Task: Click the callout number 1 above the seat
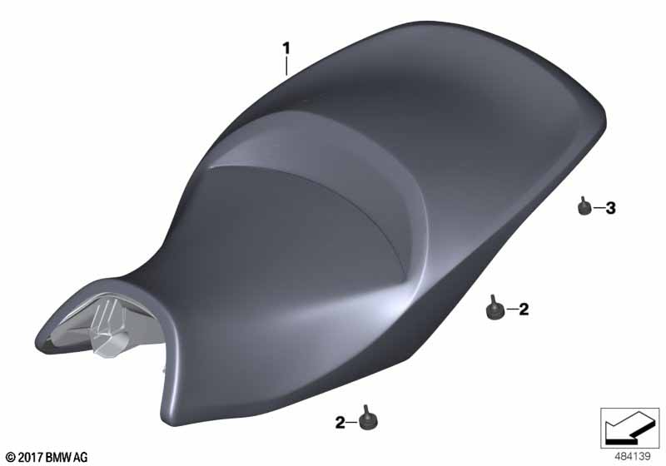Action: tap(286, 48)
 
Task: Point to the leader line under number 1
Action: tap(286, 67)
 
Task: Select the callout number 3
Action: tap(610, 208)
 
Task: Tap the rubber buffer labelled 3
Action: tap(584, 206)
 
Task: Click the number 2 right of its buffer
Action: tap(524, 310)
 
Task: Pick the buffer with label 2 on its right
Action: tap(494, 307)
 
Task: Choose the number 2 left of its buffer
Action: tap(340, 423)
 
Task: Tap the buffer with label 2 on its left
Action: tap(368, 419)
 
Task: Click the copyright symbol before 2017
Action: tap(12, 457)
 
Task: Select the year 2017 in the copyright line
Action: tap(31, 457)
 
